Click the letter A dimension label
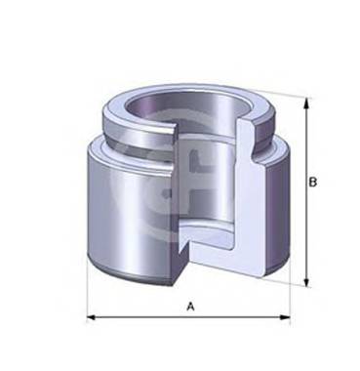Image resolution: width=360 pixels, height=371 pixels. (190, 306)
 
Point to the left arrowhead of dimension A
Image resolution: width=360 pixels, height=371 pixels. (91, 317)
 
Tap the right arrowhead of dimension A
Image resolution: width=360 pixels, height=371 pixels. (288, 317)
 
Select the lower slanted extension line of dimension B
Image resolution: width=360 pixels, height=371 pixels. (293, 281)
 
